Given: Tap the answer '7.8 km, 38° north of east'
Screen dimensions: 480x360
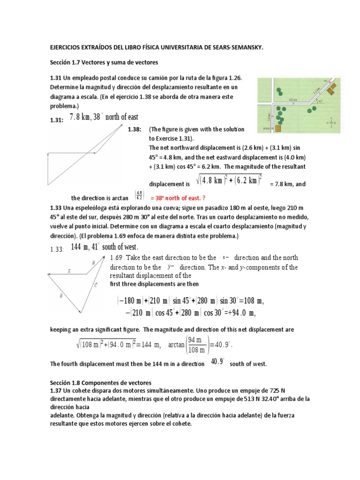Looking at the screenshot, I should click(x=104, y=117).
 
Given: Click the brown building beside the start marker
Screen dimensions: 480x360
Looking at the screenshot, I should click(x=278, y=127).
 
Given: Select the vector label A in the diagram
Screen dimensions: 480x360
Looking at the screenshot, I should click(x=69, y=271).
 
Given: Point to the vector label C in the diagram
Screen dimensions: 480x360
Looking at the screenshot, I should click(x=96, y=285).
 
